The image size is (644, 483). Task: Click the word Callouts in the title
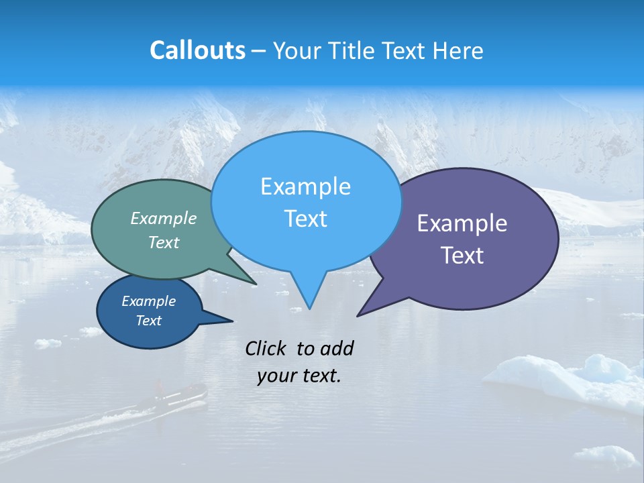197,50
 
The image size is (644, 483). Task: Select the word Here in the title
458,50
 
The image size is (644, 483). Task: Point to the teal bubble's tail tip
256,284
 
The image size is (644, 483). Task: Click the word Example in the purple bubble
462,223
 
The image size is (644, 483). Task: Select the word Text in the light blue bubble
306,219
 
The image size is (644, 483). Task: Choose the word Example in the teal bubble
164,218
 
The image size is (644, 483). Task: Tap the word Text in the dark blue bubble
149,321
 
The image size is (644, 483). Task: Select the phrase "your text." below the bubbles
299,376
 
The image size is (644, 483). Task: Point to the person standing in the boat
160,387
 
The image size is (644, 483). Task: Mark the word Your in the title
296,50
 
